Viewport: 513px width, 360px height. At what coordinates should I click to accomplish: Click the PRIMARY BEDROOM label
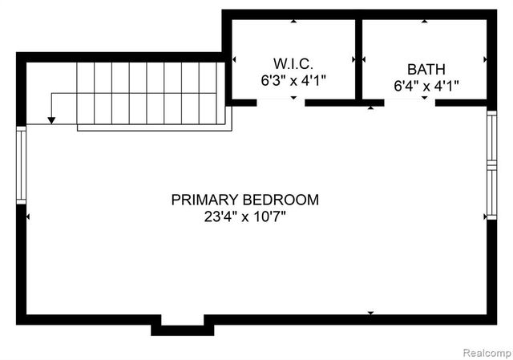(x=244, y=200)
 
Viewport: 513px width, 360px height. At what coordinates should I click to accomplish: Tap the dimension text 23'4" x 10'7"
(x=244, y=216)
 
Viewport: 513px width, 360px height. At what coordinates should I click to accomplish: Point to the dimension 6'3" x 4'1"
(x=293, y=81)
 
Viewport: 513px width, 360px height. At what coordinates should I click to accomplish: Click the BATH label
(x=425, y=69)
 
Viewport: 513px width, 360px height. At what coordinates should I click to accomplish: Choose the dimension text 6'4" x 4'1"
(x=425, y=85)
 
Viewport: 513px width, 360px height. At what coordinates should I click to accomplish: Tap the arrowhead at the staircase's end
(x=51, y=120)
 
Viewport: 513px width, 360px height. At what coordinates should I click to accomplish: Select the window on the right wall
(x=491, y=165)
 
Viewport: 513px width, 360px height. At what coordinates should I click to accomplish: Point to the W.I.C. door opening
(x=281, y=103)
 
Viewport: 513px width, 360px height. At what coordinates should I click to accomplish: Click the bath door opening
(x=410, y=103)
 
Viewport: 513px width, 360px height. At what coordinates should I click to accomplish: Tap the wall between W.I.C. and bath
(x=358, y=60)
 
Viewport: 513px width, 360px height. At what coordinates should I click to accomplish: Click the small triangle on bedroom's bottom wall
(x=370, y=312)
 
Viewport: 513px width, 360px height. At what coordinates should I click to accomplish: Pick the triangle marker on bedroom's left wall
(x=29, y=216)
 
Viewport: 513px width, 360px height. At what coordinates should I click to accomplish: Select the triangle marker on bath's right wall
(x=484, y=59)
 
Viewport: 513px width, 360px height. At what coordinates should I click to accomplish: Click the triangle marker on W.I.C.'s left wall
(x=234, y=59)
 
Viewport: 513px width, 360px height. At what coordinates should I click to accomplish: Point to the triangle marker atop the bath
(x=424, y=21)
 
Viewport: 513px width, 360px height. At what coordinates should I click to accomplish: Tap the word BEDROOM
(x=281, y=200)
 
